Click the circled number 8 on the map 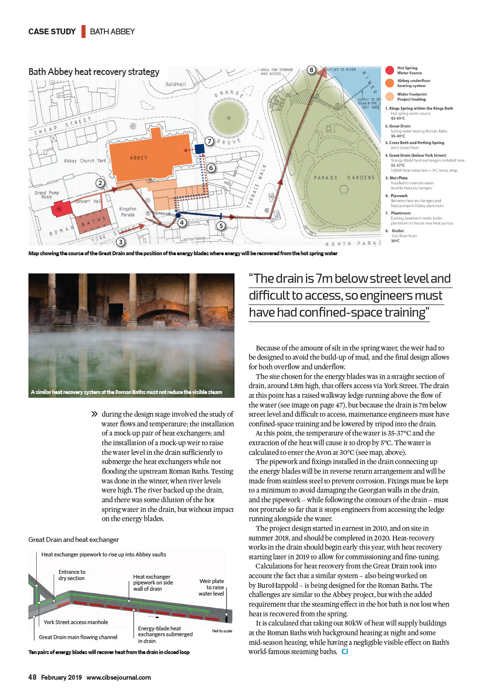[312, 70]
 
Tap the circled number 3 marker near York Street [120, 242]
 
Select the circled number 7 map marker [209, 141]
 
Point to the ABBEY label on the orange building [139, 158]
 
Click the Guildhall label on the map [175, 84]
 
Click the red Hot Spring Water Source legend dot [390, 71]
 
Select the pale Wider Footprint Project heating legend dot [390, 97]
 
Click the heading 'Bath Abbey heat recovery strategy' [94, 72]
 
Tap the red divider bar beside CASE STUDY [83, 31]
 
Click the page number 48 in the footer [32, 677]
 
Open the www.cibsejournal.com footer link [118, 678]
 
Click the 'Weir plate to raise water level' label [211, 587]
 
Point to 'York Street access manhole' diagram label [76, 622]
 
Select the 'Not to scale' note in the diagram [222, 631]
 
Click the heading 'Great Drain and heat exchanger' [73, 540]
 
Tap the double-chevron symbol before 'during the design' [94, 414]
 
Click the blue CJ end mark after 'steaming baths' [345, 652]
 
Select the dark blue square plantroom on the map [199, 148]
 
